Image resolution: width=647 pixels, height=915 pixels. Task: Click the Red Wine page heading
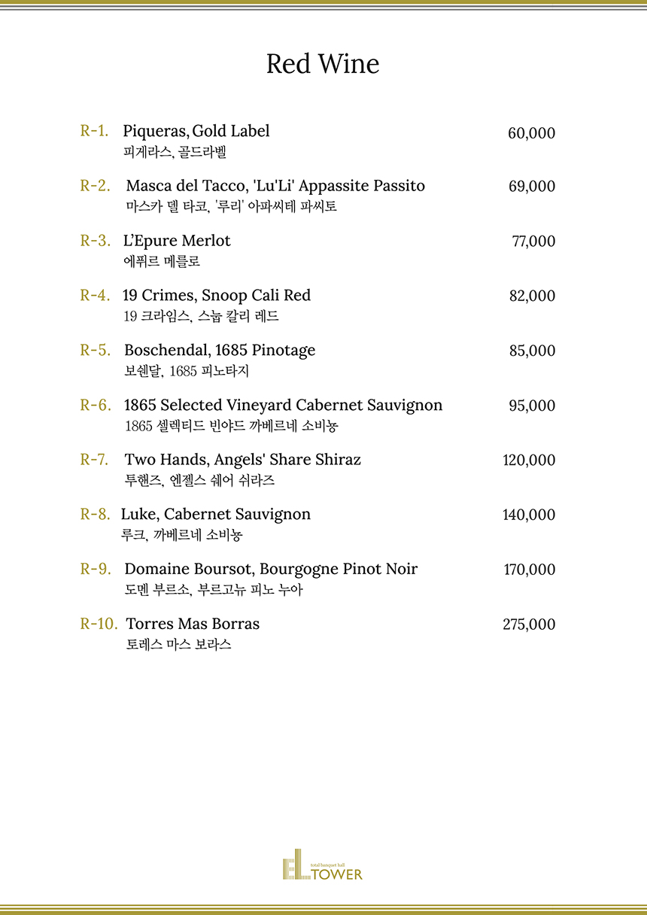323,65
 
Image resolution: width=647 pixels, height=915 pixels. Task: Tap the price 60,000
531,133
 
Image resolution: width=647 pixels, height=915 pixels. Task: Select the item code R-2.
96,186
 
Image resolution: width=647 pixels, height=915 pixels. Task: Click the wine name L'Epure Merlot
177,241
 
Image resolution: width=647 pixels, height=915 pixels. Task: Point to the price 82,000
532,296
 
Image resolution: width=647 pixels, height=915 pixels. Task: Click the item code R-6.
96,405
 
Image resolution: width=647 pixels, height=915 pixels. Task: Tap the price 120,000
529,460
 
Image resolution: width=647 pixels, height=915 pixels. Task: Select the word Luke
138,515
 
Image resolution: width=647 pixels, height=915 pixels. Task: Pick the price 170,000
529,570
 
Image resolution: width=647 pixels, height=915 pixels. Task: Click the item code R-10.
99,625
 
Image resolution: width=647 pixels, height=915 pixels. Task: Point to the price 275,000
529,625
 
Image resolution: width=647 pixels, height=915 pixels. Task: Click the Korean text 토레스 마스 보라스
178,645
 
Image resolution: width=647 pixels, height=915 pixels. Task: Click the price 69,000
532,187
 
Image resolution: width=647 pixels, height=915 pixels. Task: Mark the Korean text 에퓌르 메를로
161,262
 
